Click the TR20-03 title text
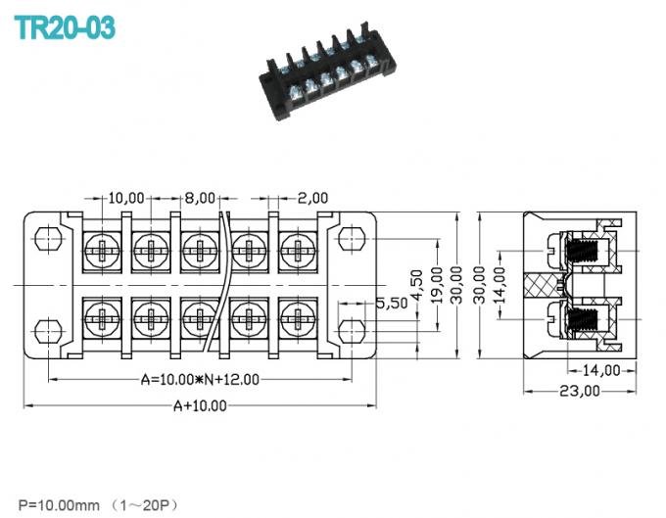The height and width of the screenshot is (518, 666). (x=66, y=26)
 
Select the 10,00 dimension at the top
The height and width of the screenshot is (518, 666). (x=126, y=198)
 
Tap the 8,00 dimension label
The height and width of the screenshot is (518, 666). (x=200, y=198)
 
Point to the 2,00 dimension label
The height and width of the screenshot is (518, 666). (x=314, y=198)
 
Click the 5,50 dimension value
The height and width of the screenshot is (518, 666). (x=392, y=304)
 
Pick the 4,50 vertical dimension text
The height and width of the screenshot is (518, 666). (x=415, y=283)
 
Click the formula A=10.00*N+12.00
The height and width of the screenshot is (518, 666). (x=201, y=379)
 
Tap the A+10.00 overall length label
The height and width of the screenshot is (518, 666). (x=200, y=405)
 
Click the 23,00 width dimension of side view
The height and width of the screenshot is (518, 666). (x=579, y=392)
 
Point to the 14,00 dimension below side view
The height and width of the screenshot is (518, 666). (x=601, y=370)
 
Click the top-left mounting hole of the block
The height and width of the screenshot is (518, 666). (x=44, y=239)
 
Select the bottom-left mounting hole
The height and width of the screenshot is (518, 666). (x=44, y=329)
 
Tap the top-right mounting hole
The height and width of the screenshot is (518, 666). (x=352, y=239)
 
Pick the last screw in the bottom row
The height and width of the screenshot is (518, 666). (x=294, y=317)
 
